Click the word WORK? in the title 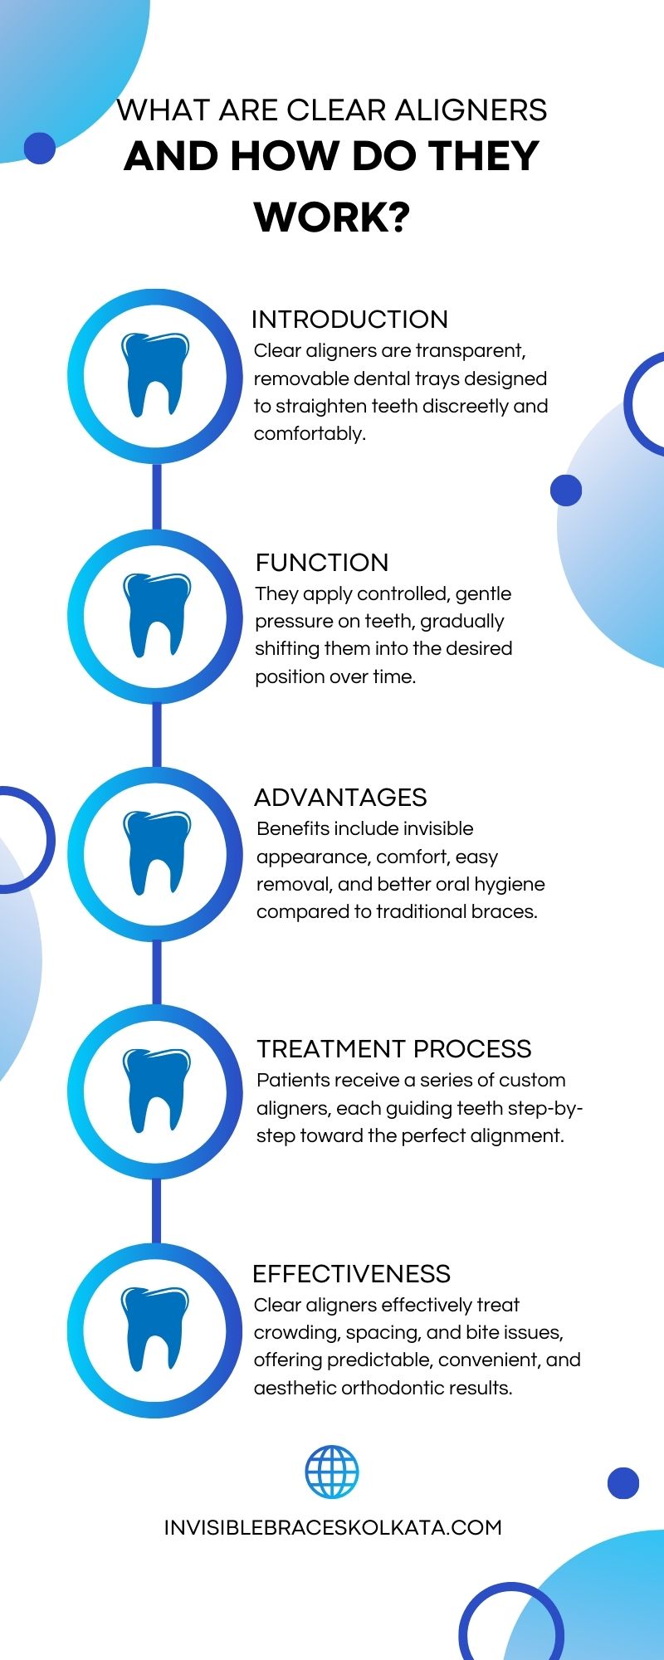(x=332, y=217)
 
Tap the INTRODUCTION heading (x=349, y=320)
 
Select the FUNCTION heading (x=322, y=563)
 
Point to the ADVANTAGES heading (x=340, y=798)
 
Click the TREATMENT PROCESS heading (x=394, y=1049)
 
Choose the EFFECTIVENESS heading (x=351, y=1274)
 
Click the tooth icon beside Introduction (x=155, y=375)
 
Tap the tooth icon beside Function (x=156, y=615)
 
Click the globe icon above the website (x=332, y=1472)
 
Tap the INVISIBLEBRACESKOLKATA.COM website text (x=333, y=1528)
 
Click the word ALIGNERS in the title (x=471, y=110)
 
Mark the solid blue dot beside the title (x=40, y=149)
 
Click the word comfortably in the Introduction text (x=310, y=434)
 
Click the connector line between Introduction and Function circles (x=156, y=496)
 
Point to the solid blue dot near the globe (x=623, y=1483)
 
